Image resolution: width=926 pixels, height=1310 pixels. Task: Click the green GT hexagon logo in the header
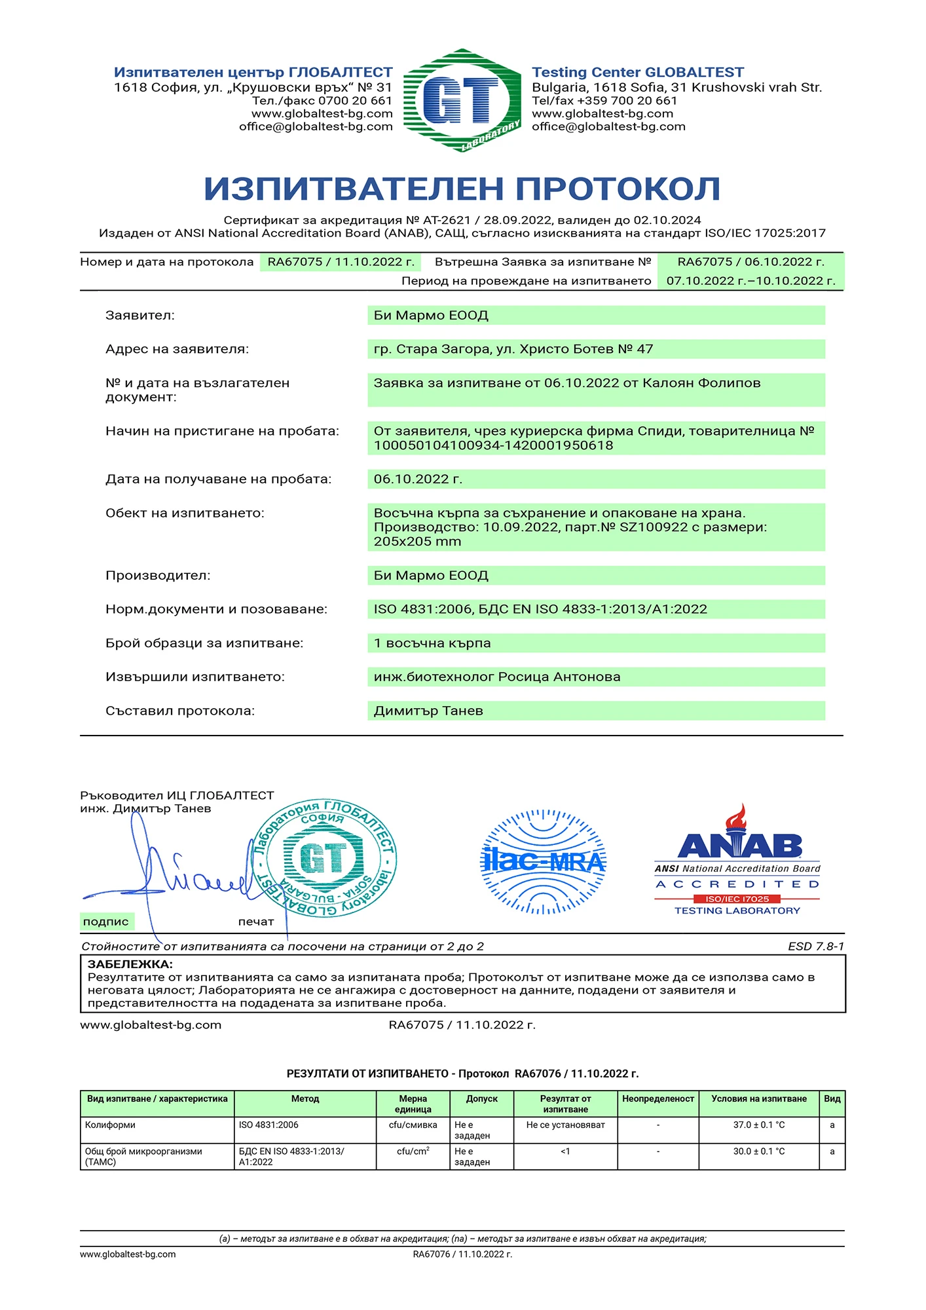point(462,100)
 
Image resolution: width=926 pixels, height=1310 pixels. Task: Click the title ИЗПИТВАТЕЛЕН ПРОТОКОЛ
point(462,189)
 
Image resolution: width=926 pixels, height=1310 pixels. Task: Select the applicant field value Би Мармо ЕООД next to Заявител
point(431,316)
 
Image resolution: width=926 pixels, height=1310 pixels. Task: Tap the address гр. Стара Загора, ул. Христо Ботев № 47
point(513,349)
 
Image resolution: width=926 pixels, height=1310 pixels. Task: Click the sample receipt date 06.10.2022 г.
point(418,479)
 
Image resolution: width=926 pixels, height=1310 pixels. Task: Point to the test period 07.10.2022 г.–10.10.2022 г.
point(750,281)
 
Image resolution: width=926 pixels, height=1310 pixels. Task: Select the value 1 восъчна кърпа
point(432,643)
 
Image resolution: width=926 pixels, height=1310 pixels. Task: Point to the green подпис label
point(105,922)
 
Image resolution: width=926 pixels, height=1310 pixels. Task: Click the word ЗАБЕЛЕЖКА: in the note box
point(130,964)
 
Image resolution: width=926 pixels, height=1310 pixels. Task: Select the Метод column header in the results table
point(305,1099)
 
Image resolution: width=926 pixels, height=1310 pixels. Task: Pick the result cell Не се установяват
point(565,1125)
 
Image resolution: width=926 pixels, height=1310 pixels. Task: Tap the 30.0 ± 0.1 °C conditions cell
point(758,1151)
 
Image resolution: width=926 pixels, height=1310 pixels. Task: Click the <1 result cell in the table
point(565,1151)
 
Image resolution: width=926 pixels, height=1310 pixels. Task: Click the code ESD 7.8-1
point(816,946)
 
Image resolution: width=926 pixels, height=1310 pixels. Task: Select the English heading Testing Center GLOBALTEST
point(637,72)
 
